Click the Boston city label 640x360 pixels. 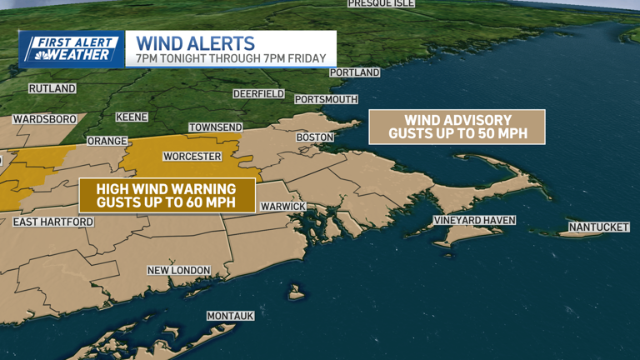(x=315, y=137)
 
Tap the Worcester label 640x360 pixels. (x=192, y=157)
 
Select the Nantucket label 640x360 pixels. (x=598, y=227)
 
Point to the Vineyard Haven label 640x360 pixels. (x=474, y=221)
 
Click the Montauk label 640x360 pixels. (x=230, y=317)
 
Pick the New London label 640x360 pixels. (x=178, y=271)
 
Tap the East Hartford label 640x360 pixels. (x=53, y=222)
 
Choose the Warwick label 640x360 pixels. (x=283, y=207)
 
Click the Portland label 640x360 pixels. (x=354, y=73)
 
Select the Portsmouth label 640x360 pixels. (x=327, y=100)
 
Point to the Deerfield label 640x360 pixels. (x=258, y=94)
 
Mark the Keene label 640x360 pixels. (x=132, y=117)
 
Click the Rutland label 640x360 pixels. (x=52, y=88)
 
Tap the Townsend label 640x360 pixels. (x=216, y=127)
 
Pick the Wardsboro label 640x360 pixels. (x=44, y=120)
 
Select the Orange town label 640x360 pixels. (x=107, y=142)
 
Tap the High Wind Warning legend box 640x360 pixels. (x=165, y=195)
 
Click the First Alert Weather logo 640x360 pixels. (x=72, y=49)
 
